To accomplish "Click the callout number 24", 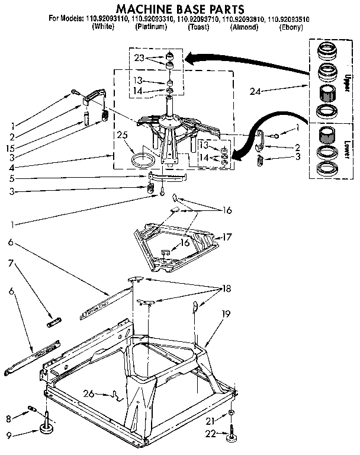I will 255,91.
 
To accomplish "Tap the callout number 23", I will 139,57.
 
